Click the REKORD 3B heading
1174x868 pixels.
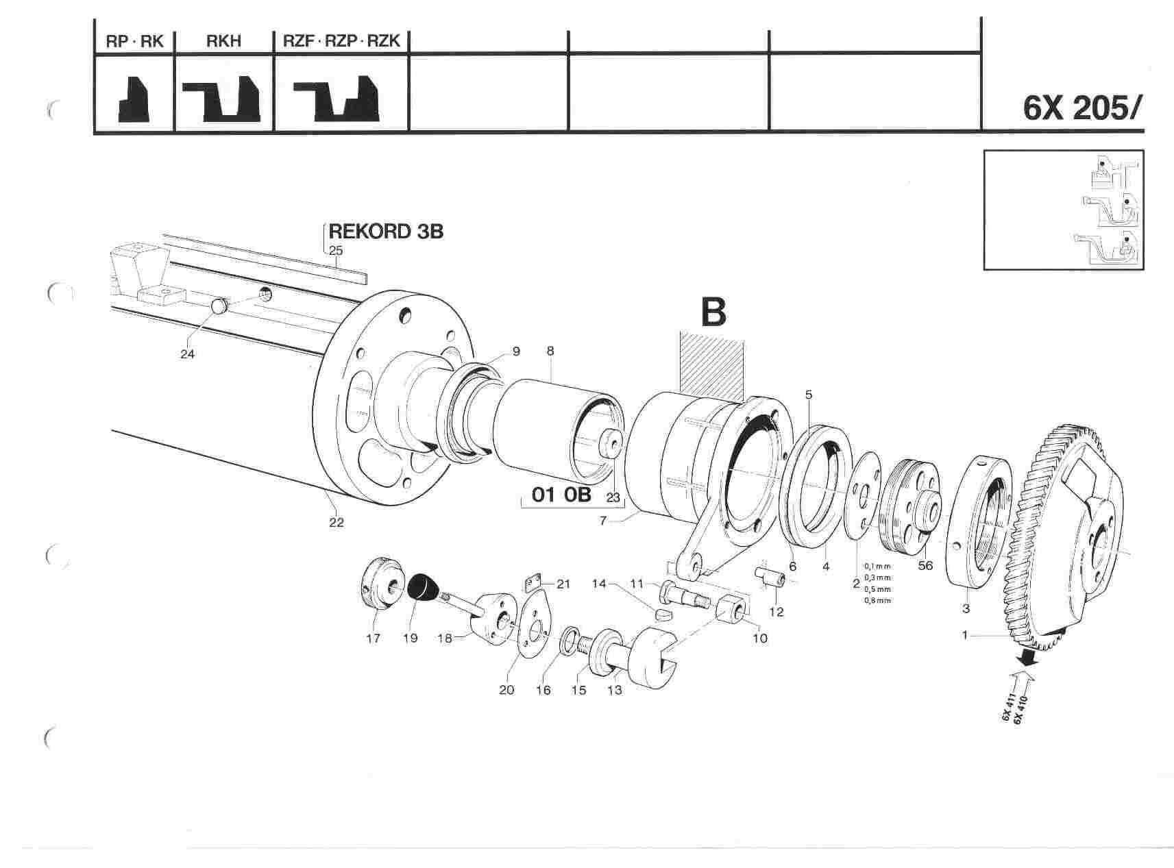(386, 232)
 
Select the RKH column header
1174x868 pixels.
(223, 42)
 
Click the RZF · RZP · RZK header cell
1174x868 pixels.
(341, 42)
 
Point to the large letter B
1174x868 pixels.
(713, 312)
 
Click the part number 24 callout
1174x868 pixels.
(187, 354)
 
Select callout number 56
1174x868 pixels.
(925, 566)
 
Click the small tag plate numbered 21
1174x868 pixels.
(533, 583)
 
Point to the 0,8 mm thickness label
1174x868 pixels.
(877, 601)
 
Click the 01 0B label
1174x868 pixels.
(561, 495)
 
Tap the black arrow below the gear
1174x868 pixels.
(1026, 658)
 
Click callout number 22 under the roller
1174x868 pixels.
(336, 523)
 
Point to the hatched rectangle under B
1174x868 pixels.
(711, 366)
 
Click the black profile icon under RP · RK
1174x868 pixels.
(134, 100)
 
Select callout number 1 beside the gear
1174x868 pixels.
(965, 635)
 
